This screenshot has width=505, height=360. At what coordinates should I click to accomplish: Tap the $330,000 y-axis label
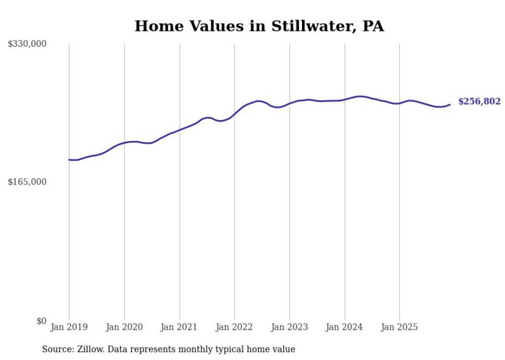coord(27,44)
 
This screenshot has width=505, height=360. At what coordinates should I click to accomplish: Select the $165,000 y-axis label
coord(27,182)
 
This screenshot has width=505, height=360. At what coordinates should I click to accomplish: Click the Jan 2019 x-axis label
coord(69,327)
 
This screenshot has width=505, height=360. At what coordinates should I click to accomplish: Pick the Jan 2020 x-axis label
coord(124,327)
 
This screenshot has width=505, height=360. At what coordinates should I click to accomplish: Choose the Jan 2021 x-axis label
coord(179,327)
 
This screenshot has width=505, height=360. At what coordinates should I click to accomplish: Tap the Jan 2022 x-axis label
coord(234,327)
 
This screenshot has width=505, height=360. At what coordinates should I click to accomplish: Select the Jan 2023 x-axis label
coord(290,327)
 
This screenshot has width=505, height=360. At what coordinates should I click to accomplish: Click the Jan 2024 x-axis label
coord(345,327)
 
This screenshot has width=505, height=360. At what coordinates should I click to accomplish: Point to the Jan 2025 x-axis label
coord(399,327)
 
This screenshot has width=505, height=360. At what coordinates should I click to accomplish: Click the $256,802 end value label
coord(479,101)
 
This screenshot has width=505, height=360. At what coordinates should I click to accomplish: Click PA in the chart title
coord(373,26)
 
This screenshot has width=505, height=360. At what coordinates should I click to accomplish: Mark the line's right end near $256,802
coord(450,105)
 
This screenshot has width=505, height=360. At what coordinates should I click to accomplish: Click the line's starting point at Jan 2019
coord(69,160)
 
